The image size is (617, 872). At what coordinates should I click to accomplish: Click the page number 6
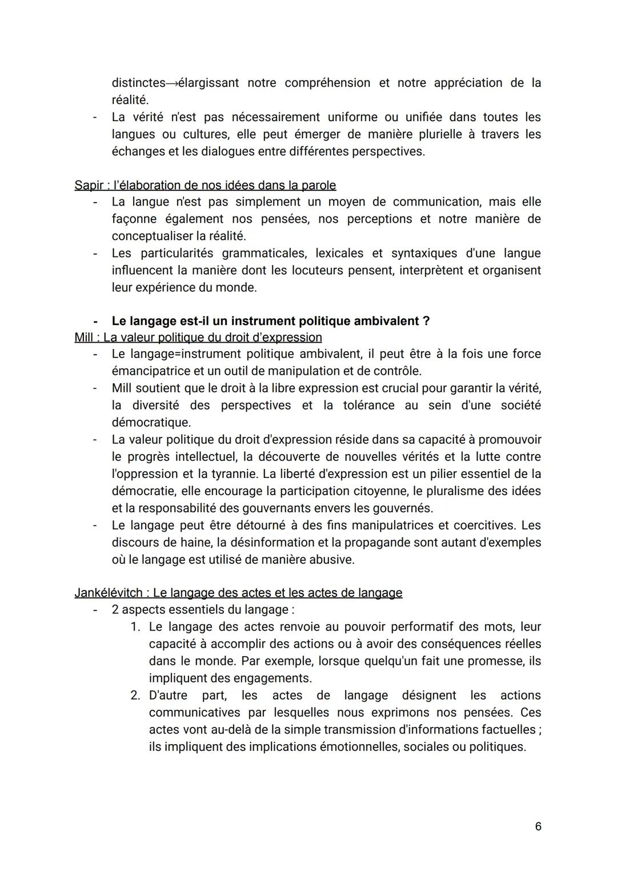pos(538,826)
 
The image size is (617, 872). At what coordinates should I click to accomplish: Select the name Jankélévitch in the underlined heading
pos(109,593)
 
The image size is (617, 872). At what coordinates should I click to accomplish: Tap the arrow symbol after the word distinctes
pos(172,83)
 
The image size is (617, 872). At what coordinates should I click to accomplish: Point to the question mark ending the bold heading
pos(426,321)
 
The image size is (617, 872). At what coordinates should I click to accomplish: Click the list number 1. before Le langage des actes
pos(135,627)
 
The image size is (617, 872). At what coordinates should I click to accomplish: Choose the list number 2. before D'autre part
pos(135,696)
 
